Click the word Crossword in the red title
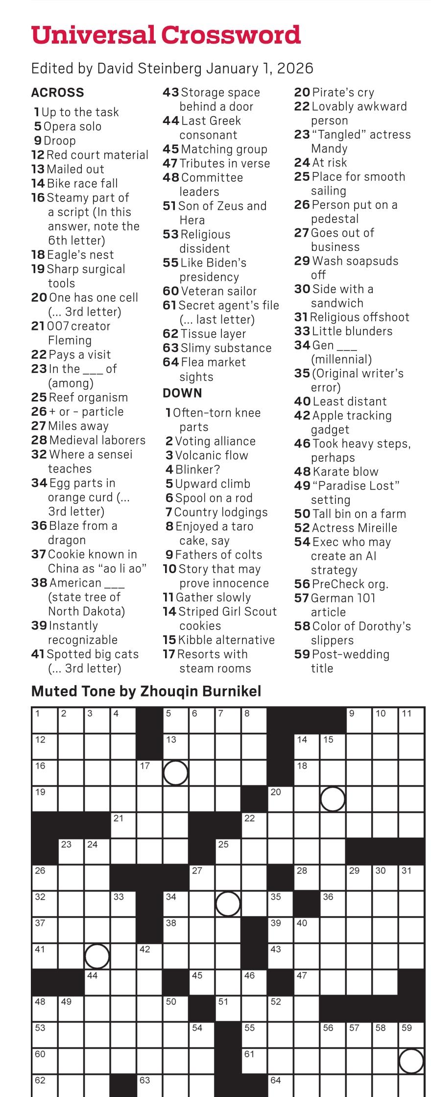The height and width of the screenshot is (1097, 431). [231, 35]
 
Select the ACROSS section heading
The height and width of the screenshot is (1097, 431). [57, 93]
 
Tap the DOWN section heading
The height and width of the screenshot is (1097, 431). [182, 393]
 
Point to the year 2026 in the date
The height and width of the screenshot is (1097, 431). [295, 68]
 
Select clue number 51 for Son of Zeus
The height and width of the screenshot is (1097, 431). [169, 206]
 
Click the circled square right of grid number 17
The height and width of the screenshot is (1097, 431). [175, 773]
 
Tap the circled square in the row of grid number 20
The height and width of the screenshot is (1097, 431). [333, 799]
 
